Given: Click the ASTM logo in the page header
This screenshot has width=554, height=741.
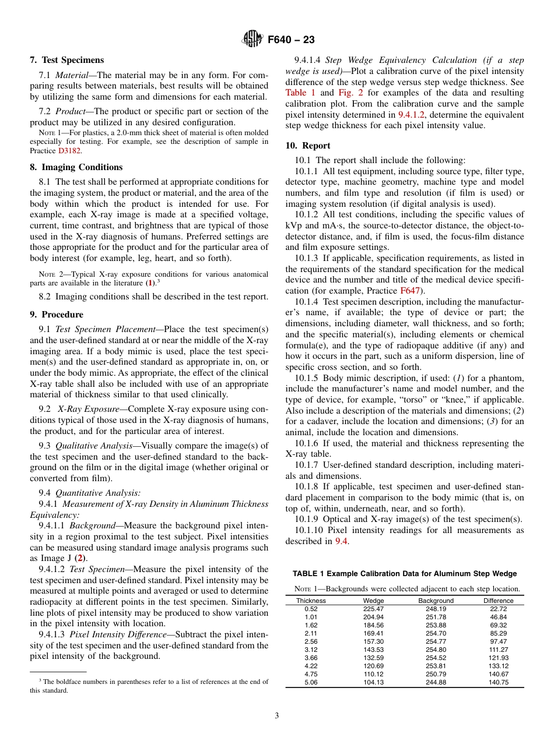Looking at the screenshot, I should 253,40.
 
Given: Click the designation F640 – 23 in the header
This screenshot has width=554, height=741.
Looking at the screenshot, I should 291,40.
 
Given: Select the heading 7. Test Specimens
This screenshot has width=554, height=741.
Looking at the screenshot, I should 67,60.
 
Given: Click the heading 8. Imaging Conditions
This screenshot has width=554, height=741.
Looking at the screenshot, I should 76,167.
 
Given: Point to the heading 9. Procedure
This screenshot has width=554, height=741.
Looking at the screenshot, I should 58,315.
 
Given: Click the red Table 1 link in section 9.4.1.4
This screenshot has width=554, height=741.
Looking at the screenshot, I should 300,93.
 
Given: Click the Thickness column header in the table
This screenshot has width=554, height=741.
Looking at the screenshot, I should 311,601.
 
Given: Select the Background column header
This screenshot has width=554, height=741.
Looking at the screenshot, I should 436,601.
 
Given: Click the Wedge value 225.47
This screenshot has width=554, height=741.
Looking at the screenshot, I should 373,609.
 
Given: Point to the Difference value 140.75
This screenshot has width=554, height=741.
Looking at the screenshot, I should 498,682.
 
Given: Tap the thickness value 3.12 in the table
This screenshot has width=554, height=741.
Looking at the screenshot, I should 311,650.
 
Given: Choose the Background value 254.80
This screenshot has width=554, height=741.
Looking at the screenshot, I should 436,650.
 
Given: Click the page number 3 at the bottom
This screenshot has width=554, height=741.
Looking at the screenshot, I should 277,716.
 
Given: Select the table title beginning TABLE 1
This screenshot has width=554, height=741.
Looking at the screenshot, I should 404,574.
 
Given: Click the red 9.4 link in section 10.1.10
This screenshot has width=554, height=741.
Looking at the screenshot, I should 341,541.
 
